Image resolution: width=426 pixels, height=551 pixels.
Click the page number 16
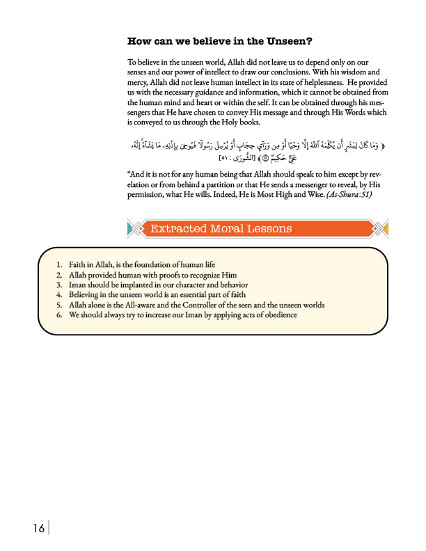point(38,529)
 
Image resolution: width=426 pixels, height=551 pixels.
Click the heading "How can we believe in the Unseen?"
point(219,41)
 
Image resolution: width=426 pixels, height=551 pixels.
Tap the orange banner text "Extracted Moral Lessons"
point(221,228)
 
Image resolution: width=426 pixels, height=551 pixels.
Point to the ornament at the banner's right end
point(381,228)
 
